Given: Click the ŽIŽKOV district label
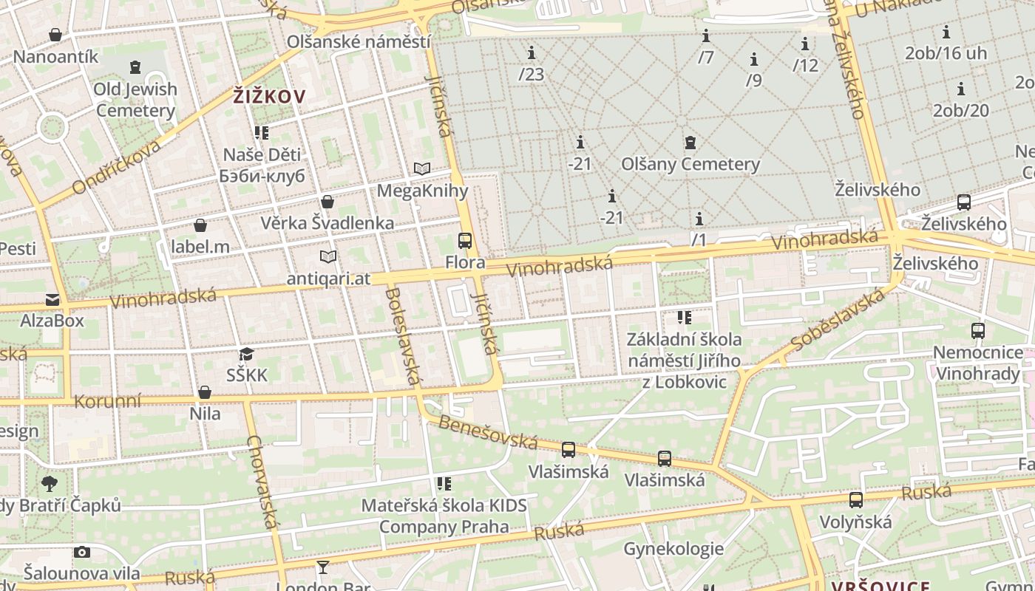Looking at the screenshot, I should [x=269, y=96].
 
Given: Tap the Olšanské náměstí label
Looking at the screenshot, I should [x=359, y=41].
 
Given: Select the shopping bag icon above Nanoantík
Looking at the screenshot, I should [x=55, y=35].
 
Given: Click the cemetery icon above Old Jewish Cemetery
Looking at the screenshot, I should [x=135, y=68].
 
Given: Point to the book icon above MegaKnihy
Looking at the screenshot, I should [x=421, y=169].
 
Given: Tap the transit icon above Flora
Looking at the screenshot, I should [x=465, y=240].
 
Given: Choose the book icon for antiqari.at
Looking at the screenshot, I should [x=328, y=256].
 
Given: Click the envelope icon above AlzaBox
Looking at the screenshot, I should [x=52, y=299].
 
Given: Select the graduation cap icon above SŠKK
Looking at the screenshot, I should [x=246, y=354].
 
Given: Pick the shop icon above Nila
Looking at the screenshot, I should [x=205, y=392].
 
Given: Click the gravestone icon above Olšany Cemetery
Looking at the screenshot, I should [x=690, y=142].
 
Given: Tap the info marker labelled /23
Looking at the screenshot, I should [x=531, y=53].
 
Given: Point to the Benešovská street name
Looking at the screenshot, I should [x=487, y=432].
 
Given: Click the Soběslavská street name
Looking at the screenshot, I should [x=837, y=321].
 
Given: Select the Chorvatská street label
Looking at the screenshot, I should [x=264, y=482].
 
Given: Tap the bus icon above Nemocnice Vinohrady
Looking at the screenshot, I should [x=977, y=330].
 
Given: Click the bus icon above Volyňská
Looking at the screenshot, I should [x=855, y=500].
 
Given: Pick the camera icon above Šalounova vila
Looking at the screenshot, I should [x=82, y=552].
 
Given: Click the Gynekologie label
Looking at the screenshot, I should [x=673, y=549].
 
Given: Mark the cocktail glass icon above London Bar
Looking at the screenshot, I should [x=323, y=567].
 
